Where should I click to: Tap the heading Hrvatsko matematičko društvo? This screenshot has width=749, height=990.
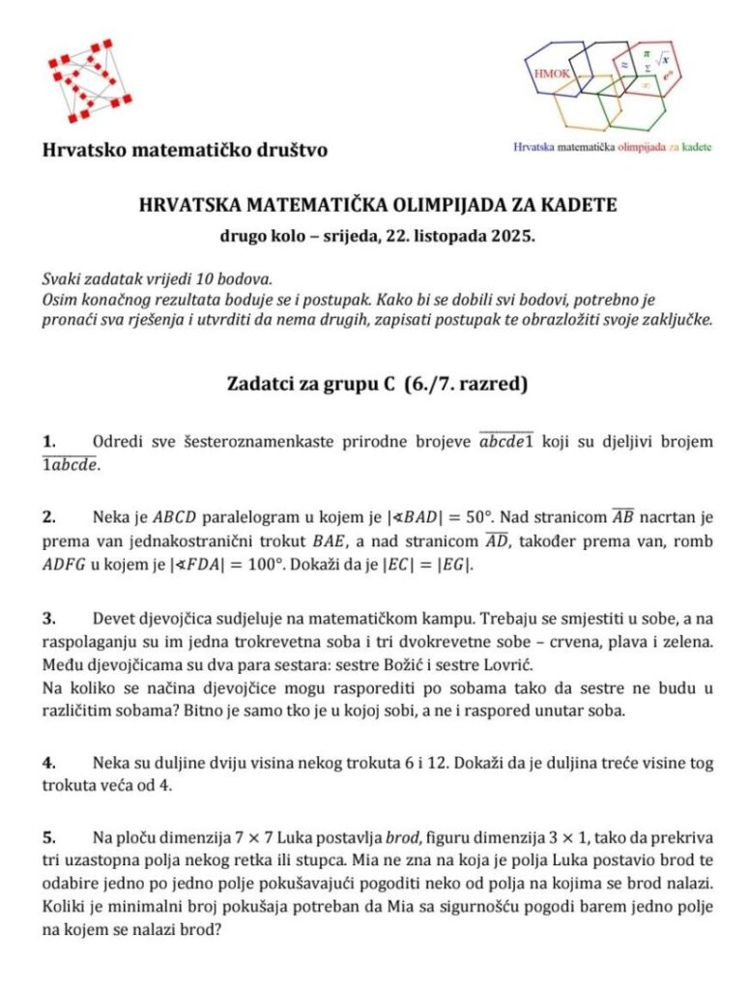tap(185, 150)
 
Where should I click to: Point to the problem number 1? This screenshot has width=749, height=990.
tap(48, 442)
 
